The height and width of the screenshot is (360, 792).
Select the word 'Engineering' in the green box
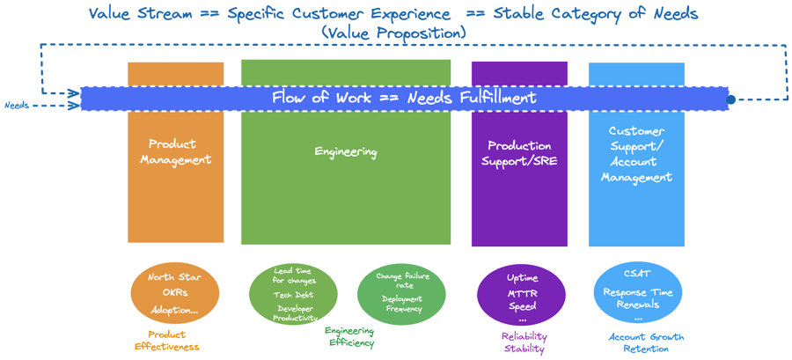click(x=346, y=152)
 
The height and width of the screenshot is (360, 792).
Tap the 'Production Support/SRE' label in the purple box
click(x=519, y=152)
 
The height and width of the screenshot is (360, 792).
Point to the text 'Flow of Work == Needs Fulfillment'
click(x=404, y=98)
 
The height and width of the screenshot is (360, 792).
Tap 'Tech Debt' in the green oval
click(x=294, y=295)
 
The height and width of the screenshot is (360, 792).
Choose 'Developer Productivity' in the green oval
click(x=294, y=313)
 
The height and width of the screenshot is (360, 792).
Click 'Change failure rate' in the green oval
click(x=400, y=280)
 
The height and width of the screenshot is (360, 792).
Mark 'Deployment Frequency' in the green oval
click(x=401, y=304)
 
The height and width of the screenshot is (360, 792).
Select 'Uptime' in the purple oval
click(x=522, y=277)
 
